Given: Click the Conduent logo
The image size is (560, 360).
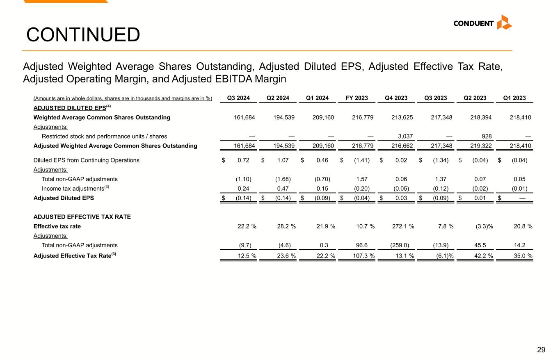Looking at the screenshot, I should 482,23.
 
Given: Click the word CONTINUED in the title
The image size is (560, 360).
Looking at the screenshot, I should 83,35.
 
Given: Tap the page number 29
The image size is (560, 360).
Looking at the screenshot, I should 541,350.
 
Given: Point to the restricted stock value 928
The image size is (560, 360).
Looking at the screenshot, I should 485,136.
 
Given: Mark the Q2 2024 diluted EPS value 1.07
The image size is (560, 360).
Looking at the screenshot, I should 283,160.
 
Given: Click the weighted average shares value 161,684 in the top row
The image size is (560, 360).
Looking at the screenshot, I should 245,118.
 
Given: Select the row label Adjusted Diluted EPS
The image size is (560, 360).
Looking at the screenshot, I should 64,198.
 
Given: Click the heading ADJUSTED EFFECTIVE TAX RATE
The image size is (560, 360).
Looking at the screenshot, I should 82,217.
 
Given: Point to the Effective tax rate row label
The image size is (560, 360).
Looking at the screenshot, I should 57,226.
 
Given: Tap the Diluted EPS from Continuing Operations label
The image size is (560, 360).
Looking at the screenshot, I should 86,160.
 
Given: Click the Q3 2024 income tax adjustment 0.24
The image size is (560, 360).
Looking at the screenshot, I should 245,189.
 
